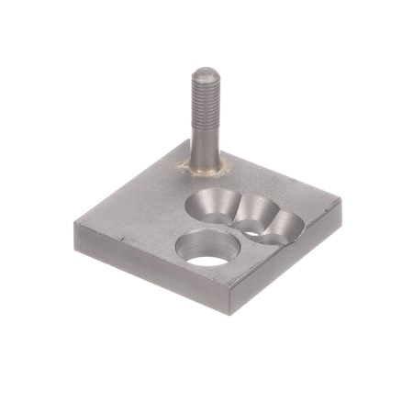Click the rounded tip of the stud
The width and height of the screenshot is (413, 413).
click(x=203, y=73)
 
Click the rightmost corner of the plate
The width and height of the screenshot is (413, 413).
click(x=341, y=204)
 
